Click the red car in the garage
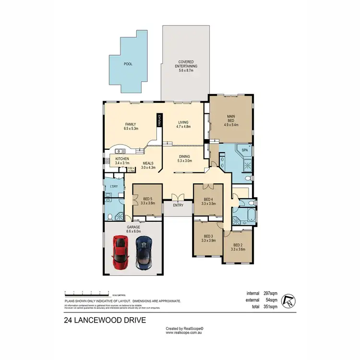[120, 253]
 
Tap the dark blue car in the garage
[143, 253]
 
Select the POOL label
[128, 63]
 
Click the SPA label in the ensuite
[244, 150]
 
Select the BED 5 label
[147, 199]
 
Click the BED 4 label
[208, 199]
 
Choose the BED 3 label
[208, 236]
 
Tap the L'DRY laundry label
[114, 186]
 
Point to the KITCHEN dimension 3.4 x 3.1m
[123, 164]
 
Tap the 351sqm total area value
[270, 306]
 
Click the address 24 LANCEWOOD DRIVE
[105, 319]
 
